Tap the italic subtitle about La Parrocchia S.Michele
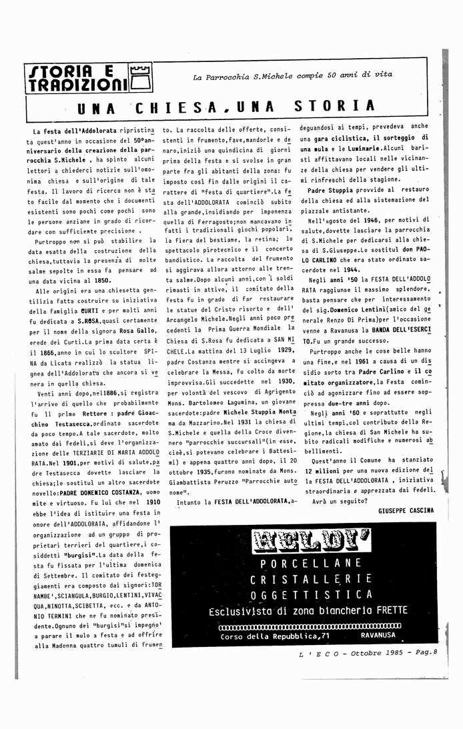tap(292, 76)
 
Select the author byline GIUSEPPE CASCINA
tap(405, 510)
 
